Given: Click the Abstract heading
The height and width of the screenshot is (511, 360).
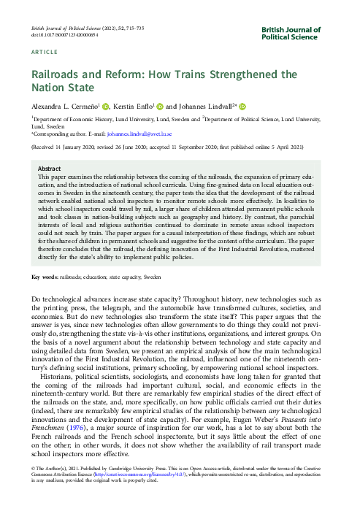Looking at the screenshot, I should click(49, 168).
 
